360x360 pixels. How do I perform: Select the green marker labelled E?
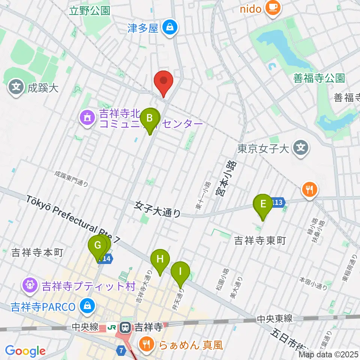pyautogui.click(x=263, y=204)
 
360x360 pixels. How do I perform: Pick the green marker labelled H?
pyautogui.click(x=160, y=259)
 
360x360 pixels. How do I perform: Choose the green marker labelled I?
pyautogui.click(x=180, y=271)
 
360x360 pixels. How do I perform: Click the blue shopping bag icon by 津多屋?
pyautogui.click(x=170, y=27)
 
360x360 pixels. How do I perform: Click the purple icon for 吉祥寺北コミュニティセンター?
pyautogui.click(x=87, y=118)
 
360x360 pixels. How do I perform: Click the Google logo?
pyautogui.click(x=25, y=351)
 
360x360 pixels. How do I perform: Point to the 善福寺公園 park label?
pyautogui.click(x=319, y=78)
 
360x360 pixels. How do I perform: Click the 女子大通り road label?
pyautogui.click(x=158, y=209)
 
